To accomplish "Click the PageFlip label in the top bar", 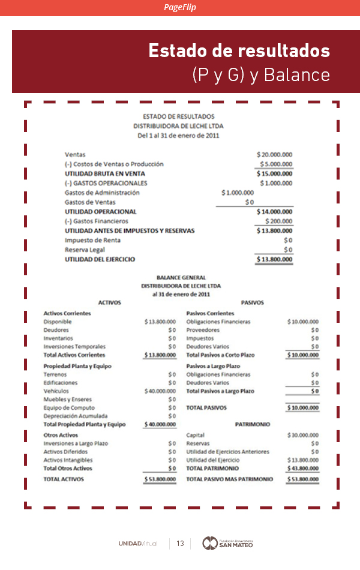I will click(x=180, y=7).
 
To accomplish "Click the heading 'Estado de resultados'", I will click(x=239, y=50).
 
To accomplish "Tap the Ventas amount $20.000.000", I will click(x=274, y=154).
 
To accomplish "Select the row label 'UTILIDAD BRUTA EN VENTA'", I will click(x=105, y=173).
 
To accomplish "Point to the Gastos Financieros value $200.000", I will click(x=277, y=221).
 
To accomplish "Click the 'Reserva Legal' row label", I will click(x=85, y=250).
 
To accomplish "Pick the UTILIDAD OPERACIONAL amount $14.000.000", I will click(x=274, y=212).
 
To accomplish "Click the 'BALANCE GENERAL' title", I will click(x=181, y=278).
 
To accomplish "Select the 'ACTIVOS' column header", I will click(x=109, y=302).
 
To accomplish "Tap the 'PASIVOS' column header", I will click(x=252, y=302).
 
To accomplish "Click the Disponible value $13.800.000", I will click(x=160, y=322).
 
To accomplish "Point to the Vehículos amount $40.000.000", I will click(x=160, y=391).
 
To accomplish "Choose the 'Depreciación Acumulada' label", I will click(x=76, y=416).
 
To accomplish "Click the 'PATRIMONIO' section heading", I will click(x=253, y=424).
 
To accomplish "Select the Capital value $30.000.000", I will click(x=303, y=435).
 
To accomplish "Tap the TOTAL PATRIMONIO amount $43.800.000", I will click(x=303, y=468).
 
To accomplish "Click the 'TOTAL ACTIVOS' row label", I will click(x=64, y=479).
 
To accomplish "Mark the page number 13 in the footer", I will click(x=179, y=544).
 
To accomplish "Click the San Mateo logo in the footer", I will click(x=227, y=543).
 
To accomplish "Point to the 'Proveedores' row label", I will click(x=203, y=330).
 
